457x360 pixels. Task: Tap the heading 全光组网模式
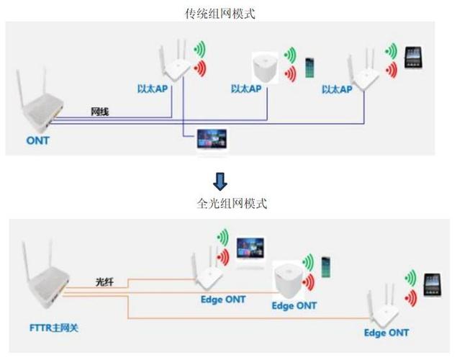click(x=228, y=204)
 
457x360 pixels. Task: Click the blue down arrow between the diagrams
click(x=222, y=180)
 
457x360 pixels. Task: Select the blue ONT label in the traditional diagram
click(x=37, y=140)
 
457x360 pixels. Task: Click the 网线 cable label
click(x=100, y=112)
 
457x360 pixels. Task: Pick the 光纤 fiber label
click(x=105, y=282)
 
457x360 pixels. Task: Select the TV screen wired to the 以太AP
click(x=212, y=140)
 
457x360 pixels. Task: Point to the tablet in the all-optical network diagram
click(x=433, y=282)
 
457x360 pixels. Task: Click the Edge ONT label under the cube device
click(x=294, y=305)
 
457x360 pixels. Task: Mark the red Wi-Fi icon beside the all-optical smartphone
click(x=308, y=277)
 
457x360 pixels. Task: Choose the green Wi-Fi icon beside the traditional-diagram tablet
click(x=391, y=50)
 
